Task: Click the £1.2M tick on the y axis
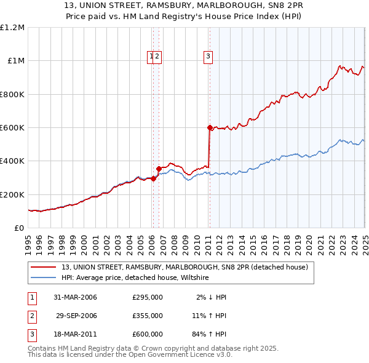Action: [12, 28]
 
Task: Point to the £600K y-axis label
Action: [12, 128]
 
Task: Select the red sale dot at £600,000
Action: [210, 128]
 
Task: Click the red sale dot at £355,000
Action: [159, 168]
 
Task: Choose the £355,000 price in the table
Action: [147, 316]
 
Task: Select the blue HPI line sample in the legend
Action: [43, 278]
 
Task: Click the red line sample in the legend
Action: [43, 268]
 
